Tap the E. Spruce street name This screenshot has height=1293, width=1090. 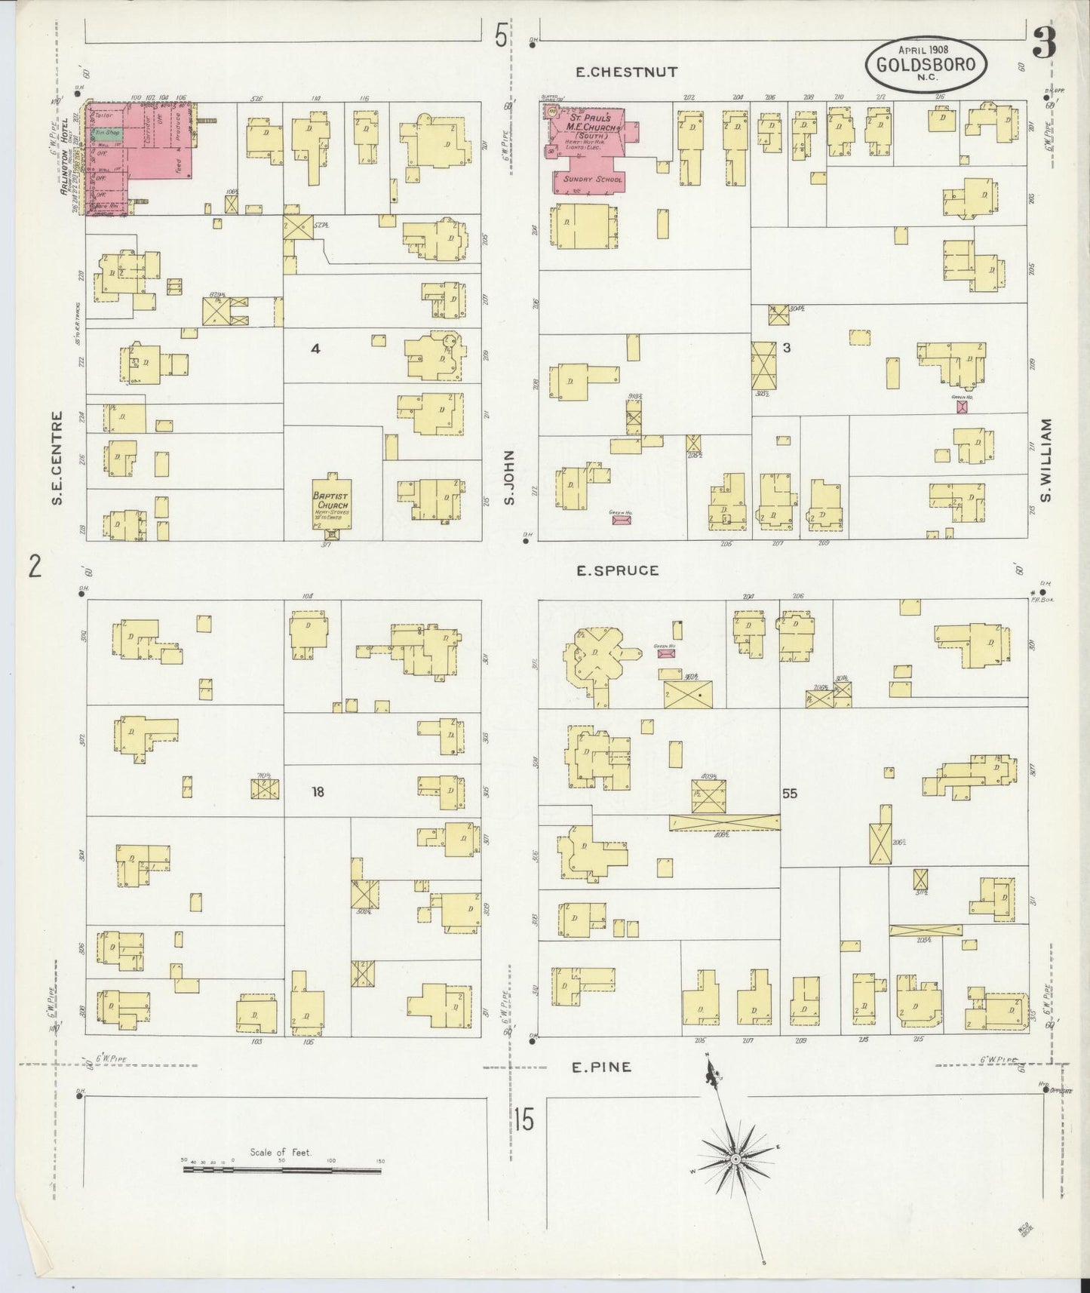pos(617,571)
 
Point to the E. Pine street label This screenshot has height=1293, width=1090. pos(600,1067)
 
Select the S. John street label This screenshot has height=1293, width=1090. pos(509,478)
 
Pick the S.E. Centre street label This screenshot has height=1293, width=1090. pos(58,459)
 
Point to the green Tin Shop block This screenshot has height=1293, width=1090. pos(106,133)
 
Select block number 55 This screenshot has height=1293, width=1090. pos(789,794)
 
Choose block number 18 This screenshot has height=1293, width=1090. pos(318,791)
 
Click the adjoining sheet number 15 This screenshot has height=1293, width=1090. pos(524,1119)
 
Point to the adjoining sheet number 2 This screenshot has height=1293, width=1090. pos(34,566)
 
